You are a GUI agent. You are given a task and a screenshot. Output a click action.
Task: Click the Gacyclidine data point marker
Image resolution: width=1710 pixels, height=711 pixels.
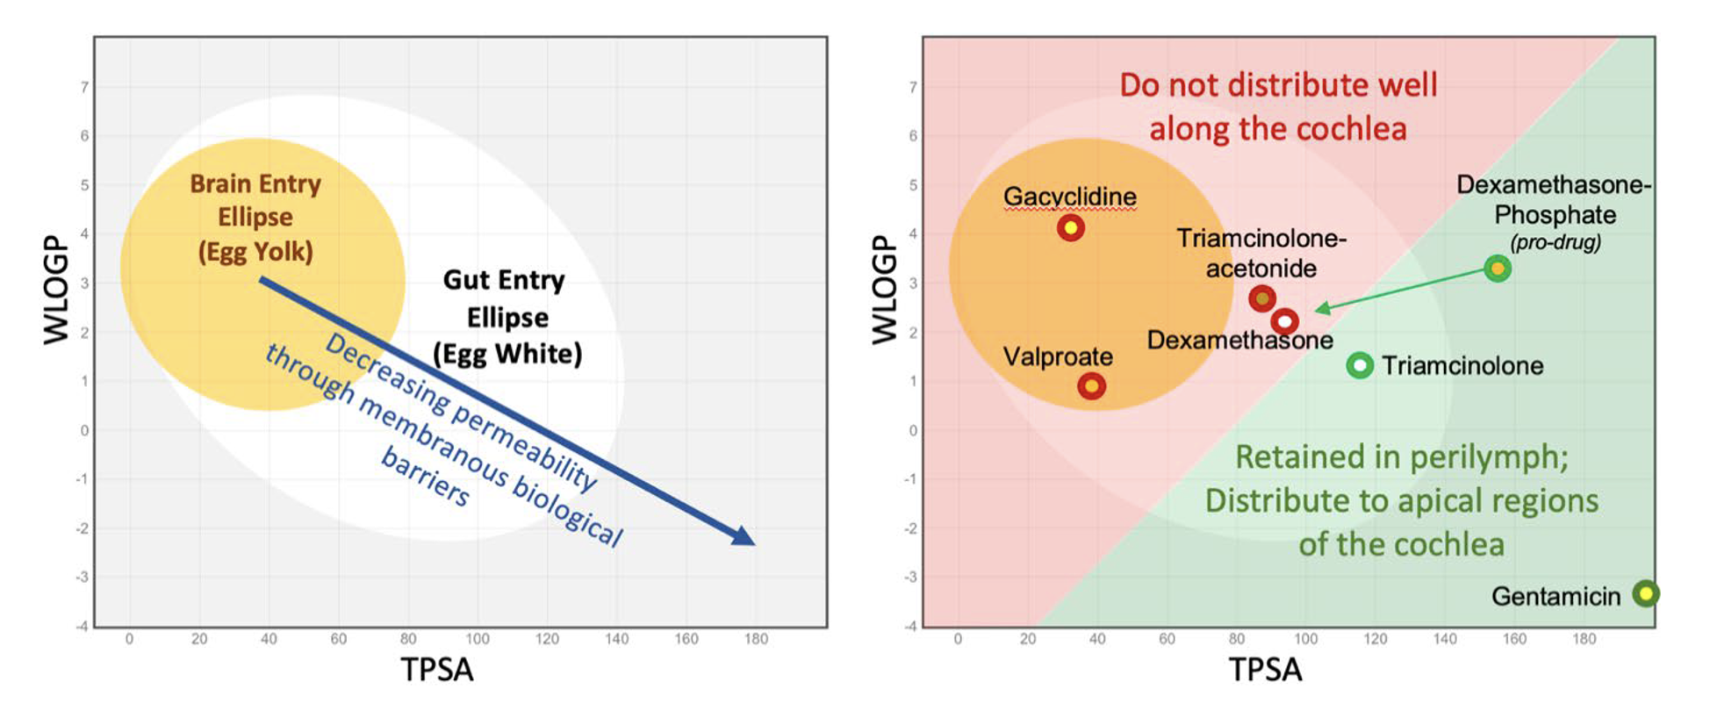[x=1070, y=228]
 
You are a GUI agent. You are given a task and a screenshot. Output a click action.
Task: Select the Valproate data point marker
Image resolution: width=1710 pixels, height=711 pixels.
[x=1091, y=386]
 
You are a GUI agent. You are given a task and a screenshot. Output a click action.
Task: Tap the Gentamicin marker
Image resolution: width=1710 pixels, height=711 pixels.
[x=1646, y=594]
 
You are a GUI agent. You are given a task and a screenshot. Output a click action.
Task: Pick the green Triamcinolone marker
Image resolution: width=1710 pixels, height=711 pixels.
[x=1360, y=365]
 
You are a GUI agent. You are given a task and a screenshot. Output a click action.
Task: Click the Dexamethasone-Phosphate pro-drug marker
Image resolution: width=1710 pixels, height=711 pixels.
[x=1498, y=269]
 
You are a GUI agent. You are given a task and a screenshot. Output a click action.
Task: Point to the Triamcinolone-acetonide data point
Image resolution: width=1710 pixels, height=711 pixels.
[x=1262, y=299]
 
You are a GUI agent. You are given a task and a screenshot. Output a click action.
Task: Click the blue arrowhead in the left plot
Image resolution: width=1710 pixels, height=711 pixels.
[x=744, y=536]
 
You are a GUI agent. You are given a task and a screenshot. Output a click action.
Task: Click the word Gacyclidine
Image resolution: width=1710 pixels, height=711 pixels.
[x=1069, y=197]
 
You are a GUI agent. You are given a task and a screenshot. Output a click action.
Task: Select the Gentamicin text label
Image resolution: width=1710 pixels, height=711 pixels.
[x=1556, y=597]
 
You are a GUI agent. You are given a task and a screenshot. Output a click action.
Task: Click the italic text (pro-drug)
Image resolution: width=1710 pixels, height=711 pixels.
[x=1555, y=242]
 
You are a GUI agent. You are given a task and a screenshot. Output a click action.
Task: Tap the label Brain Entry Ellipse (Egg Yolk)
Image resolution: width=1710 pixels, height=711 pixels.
[x=255, y=218]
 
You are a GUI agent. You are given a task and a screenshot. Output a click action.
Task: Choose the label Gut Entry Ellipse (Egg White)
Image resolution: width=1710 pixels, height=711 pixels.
[x=507, y=317]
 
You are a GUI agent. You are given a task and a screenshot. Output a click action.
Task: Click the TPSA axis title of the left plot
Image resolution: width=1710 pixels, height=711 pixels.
[x=437, y=670]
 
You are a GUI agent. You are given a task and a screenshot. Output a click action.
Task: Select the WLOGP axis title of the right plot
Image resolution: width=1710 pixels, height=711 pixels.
[x=884, y=290]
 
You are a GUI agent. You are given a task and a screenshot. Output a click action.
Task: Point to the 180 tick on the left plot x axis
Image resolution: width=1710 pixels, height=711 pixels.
[x=756, y=639]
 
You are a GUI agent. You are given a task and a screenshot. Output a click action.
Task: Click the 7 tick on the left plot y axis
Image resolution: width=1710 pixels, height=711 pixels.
[x=84, y=87]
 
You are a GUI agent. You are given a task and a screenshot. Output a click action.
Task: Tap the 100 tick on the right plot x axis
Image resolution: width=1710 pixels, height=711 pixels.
[x=1305, y=639]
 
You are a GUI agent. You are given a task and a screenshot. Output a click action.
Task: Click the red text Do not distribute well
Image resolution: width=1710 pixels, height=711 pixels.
[x=1278, y=85]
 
